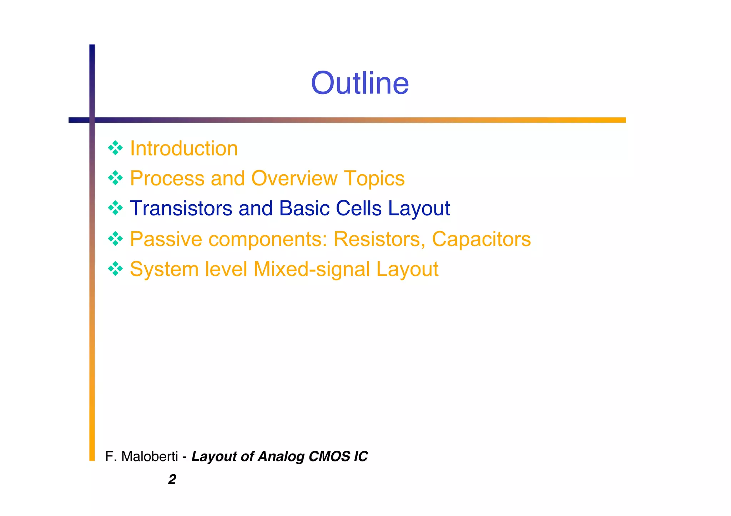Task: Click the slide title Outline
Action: coord(360,83)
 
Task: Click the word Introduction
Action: coord(184,148)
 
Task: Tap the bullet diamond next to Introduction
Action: coord(115,148)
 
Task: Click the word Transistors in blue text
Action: coord(181,208)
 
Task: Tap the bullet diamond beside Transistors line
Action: coord(115,208)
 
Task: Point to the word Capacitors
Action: coord(481,239)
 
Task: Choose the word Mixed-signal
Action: coord(312,269)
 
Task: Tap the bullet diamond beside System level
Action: coord(115,269)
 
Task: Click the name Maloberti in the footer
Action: coord(150,456)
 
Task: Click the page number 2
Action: coord(172,479)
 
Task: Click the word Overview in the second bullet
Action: coord(294,178)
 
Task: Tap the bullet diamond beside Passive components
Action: coord(115,239)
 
